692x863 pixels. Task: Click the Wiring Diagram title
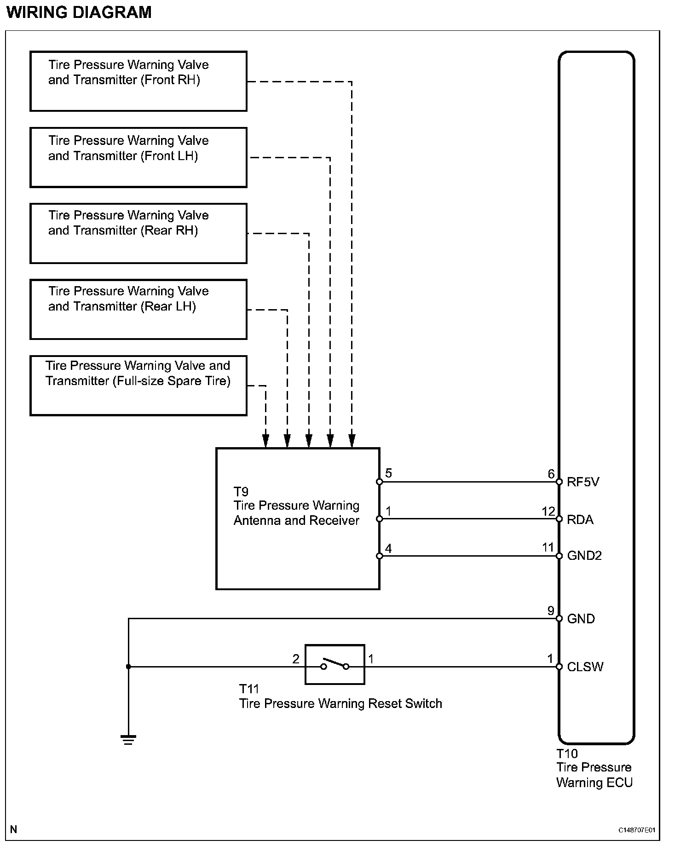click(79, 12)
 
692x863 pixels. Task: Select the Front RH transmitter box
click(138, 81)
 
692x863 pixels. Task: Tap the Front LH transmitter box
click(138, 157)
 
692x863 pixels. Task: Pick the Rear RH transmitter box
click(138, 233)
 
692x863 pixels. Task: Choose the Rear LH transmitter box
click(138, 309)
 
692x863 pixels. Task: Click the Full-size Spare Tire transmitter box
click(138, 385)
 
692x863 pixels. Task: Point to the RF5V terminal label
click(583, 482)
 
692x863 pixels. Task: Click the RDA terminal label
click(580, 519)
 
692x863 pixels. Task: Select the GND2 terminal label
click(584, 556)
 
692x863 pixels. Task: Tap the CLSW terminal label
click(585, 667)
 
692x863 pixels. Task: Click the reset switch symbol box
click(334, 664)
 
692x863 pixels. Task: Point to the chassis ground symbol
click(128, 740)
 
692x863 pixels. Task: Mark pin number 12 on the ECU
click(548, 512)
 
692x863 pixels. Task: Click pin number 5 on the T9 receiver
click(389, 473)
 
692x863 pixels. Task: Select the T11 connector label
click(249, 689)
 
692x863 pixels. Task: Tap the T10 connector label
click(567, 754)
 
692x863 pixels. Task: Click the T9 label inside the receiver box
click(241, 492)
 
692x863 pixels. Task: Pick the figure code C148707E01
click(636, 830)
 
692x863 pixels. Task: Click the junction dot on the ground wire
click(128, 667)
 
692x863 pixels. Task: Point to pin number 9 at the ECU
click(551, 610)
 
